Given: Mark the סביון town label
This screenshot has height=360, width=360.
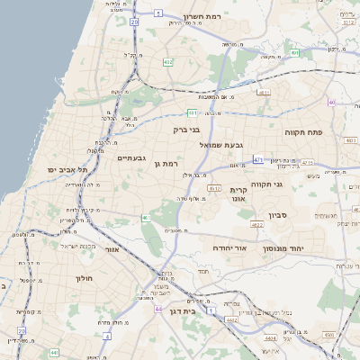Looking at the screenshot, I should point(278,216).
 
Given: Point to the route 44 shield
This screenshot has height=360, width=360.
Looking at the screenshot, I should point(157,309).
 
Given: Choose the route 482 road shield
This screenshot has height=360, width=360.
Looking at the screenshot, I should point(168,62).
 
